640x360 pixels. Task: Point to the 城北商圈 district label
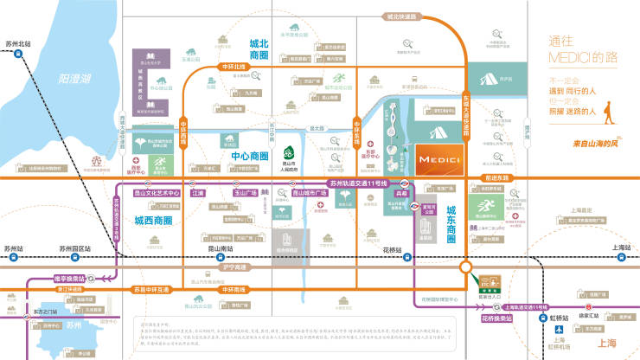coord(259,48)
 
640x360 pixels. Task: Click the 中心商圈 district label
coord(251,156)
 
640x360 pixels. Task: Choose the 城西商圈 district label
coord(153,221)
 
